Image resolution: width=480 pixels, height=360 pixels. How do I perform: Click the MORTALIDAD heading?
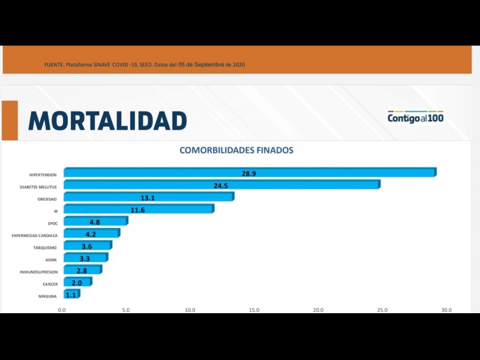coord(107,121)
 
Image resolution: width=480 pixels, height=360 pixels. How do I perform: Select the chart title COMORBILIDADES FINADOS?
coord(236,150)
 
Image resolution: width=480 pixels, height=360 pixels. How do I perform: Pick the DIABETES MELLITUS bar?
coord(221,185)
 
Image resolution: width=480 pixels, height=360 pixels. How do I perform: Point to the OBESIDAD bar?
coord(148,197)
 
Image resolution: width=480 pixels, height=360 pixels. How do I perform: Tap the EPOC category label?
coord(53,224)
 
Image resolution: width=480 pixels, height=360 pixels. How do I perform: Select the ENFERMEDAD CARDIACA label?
coord(35,236)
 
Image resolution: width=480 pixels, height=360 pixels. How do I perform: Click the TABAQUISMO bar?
coord(87,246)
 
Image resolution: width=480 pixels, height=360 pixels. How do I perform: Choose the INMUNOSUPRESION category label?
coord(38,272)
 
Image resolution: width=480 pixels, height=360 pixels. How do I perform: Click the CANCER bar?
coord(77,283)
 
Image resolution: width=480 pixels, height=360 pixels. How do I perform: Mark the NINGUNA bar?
coord(71,295)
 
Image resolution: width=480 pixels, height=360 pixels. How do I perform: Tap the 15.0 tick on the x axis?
coord(254,310)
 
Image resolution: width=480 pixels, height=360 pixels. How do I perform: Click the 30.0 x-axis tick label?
coord(446,310)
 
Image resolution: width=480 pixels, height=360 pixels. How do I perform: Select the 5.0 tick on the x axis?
coord(126,310)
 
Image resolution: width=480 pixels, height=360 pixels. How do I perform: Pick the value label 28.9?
coord(250,173)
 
